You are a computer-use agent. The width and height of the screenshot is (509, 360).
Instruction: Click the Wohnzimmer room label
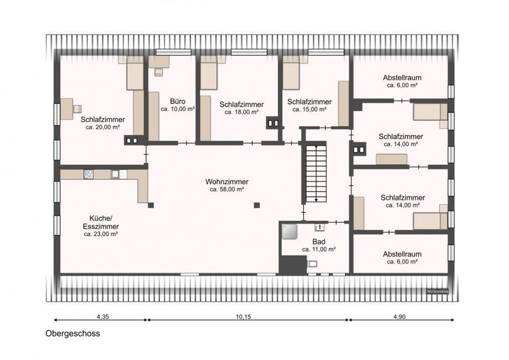coord(227,181)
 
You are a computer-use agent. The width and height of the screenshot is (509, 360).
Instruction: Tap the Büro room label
coord(178,102)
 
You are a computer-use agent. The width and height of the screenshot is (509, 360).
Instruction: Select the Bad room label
coord(319,242)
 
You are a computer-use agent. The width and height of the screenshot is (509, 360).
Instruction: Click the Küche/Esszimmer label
coord(101,222)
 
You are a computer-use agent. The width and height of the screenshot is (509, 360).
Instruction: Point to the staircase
coord(316,174)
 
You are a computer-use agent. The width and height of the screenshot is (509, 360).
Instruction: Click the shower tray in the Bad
coord(290,232)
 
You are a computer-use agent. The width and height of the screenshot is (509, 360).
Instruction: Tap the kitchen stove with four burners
coord(89,174)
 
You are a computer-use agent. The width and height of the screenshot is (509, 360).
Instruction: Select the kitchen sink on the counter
coord(115,174)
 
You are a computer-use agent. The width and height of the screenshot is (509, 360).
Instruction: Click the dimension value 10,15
coord(243,317)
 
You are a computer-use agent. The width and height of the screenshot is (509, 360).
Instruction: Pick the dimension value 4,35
coord(102,317)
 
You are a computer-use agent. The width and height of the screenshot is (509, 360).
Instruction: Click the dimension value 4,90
coord(399,317)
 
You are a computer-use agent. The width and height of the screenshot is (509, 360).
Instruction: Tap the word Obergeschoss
coord(72,333)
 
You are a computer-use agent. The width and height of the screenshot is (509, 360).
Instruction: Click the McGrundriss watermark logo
coord(438,291)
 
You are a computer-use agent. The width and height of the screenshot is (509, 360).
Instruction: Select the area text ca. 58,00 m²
coord(227,190)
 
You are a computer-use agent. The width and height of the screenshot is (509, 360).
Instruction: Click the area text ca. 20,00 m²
coord(102,127)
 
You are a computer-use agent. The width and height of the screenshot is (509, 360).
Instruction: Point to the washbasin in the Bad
coord(320,227)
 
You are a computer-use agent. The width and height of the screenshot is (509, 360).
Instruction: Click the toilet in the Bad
coord(312,263)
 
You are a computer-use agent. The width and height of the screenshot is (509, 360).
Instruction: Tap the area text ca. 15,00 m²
coord(309,109)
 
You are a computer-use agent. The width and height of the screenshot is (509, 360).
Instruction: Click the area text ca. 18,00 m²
coord(242,112)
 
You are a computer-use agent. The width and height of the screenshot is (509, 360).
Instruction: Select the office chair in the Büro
coord(159,72)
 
